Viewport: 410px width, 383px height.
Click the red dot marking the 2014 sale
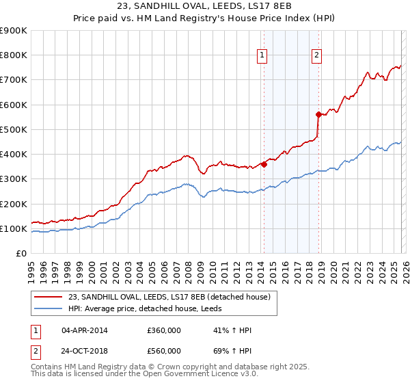(x=264, y=163)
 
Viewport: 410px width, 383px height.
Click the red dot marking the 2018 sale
(x=318, y=114)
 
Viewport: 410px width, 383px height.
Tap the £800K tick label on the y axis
(x=14, y=55)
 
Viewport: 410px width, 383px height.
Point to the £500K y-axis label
(x=14, y=129)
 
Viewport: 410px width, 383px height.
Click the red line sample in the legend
(x=50, y=297)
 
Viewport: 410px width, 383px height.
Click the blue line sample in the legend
(x=50, y=308)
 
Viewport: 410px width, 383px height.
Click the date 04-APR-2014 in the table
(x=85, y=331)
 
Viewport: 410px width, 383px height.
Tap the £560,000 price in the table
(x=164, y=350)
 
